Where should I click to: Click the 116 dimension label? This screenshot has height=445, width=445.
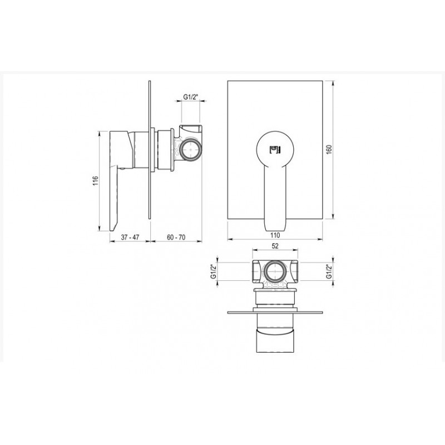(95, 181)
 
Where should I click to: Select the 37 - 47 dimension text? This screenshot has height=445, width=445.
(130, 237)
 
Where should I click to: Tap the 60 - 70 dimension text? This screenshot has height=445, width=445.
(176, 237)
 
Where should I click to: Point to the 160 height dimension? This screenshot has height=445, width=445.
(329, 150)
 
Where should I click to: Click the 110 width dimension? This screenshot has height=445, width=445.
(275, 235)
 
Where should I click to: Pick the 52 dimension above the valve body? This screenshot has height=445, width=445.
(275, 246)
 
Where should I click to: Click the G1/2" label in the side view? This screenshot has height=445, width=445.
(190, 97)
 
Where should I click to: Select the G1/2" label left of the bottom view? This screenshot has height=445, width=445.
(214, 271)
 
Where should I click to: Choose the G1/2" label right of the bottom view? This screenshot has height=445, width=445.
(329, 271)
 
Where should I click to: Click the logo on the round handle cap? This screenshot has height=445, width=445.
(275, 150)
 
